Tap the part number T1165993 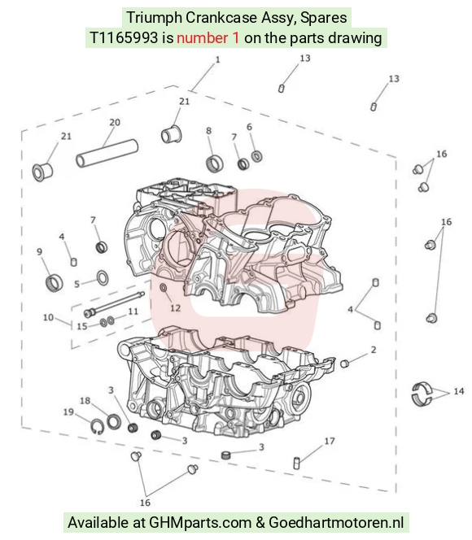tap(124, 37)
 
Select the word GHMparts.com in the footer tap(200, 522)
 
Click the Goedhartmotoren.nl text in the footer tap(336, 522)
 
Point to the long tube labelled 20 tap(107, 153)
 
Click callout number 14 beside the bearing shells tap(459, 391)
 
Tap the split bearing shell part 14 tap(422, 394)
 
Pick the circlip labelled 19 tap(98, 427)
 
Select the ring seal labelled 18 tap(114, 421)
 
